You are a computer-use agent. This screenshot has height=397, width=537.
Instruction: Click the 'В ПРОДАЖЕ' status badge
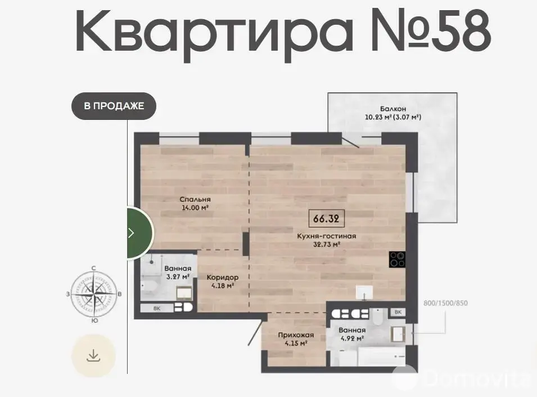[x=114, y=106]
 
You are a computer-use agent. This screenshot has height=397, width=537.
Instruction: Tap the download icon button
[x=93, y=355]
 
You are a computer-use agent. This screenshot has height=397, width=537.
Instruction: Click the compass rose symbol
[x=94, y=294]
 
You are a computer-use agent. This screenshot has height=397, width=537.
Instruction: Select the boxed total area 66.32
[x=326, y=218]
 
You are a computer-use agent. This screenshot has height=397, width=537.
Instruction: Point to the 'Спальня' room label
[x=195, y=199]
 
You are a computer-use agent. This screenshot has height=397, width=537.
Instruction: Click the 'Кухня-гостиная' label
[x=326, y=236]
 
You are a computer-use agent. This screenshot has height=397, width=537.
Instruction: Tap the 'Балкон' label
[x=393, y=109]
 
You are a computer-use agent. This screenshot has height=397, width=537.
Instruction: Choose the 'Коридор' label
[x=223, y=277]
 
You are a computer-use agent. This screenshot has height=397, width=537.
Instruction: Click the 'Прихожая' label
[x=296, y=335]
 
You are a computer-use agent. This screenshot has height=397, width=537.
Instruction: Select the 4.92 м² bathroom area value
[x=352, y=339]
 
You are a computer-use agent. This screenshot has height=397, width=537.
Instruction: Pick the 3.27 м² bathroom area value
[x=178, y=276]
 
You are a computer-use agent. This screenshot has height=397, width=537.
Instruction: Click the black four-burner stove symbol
[x=398, y=259]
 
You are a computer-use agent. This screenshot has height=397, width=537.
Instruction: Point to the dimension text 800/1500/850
[x=445, y=303]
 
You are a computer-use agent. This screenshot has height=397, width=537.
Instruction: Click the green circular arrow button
[x=141, y=233]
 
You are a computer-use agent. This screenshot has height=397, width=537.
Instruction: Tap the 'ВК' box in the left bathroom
[x=157, y=308]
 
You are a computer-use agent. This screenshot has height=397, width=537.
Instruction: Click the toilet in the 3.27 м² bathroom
[x=150, y=287]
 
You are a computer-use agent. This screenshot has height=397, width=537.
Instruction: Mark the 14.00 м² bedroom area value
[x=195, y=207]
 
